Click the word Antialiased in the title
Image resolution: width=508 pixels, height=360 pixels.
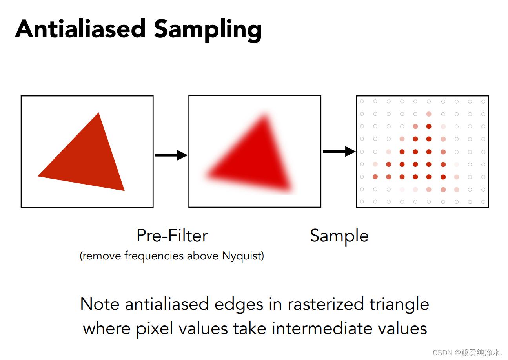click(x=80, y=29)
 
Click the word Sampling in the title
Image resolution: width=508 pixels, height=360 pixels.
click(x=208, y=30)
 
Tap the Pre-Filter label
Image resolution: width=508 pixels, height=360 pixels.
click(x=172, y=236)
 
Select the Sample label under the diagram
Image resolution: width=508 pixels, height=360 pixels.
click(x=339, y=237)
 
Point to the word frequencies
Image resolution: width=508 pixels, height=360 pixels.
click(x=154, y=256)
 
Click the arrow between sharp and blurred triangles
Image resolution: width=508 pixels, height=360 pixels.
click(x=171, y=155)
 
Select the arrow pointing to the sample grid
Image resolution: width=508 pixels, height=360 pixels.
click(x=339, y=152)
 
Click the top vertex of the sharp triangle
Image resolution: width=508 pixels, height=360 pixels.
click(x=98, y=113)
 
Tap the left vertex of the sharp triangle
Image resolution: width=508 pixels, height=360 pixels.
click(x=38, y=176)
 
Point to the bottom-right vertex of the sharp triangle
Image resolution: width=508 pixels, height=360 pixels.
click(x=124, y=191)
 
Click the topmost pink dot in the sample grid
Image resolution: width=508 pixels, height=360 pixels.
click(x=429, y=114)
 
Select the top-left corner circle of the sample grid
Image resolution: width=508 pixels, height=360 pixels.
click(x=362, y=101)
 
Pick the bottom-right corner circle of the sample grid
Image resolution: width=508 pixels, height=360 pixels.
click(x=483, y=202)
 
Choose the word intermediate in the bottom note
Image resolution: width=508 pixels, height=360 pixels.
click(x=322, y=329)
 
